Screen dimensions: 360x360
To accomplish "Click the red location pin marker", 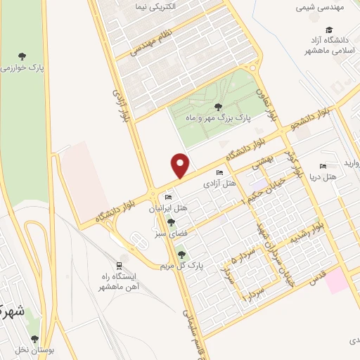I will (181, 165).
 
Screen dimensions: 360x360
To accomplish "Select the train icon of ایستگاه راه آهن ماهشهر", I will (120, 265).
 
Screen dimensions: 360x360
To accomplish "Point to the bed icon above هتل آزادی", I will (219, 173).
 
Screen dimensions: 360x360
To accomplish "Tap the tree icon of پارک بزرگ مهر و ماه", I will (217, 107).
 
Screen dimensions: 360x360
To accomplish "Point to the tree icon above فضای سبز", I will (171, 222).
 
